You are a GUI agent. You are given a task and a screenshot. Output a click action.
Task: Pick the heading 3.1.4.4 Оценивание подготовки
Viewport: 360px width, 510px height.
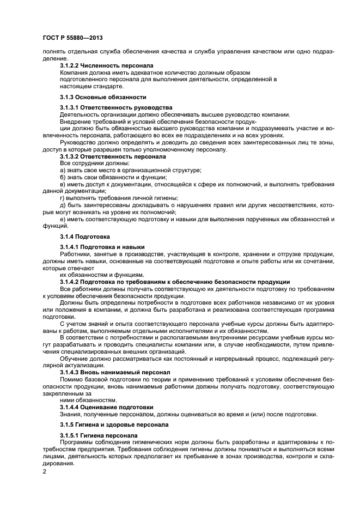[106, 406]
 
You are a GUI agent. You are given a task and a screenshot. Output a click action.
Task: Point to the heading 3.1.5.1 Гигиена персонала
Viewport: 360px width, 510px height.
[99, 435]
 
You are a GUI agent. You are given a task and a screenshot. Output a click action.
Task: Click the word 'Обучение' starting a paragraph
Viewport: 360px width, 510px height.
[74, 358]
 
